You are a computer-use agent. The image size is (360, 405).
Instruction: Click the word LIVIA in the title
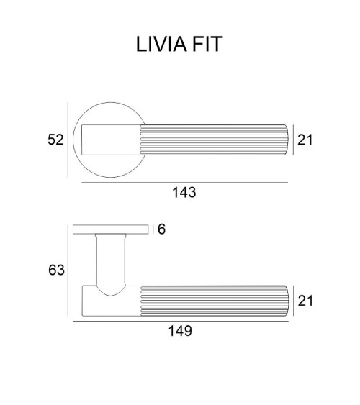point(161,44)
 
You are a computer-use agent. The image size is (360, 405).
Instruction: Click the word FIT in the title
point(207,44)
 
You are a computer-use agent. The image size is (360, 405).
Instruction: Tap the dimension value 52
point(55,140)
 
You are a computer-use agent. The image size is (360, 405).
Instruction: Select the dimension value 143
point(184,192)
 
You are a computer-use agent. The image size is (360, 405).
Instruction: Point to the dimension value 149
point(180,331)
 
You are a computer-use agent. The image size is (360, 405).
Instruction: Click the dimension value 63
point(56,270)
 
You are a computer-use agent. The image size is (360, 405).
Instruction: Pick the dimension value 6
point(161,229)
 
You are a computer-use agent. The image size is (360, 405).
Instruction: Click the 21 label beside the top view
point(305,140)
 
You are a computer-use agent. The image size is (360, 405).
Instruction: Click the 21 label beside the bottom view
point(305,301)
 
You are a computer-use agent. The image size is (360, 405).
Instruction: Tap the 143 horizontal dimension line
point(185,182)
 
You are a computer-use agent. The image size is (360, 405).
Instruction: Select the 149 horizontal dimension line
point(181,322)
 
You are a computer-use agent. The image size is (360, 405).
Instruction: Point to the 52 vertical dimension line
point(68,140)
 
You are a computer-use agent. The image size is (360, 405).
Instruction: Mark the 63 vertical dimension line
point(68,270)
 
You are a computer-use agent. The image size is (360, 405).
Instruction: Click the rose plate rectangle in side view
point(111,229)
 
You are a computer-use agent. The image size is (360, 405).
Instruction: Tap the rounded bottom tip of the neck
point(110,295)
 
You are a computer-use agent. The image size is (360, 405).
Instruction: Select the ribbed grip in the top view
point(214,140)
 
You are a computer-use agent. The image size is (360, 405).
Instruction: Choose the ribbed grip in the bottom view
point(214,301)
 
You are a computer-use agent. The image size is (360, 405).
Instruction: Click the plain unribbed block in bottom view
point(112,305)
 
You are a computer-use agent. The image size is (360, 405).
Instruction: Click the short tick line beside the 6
point(153,229)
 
